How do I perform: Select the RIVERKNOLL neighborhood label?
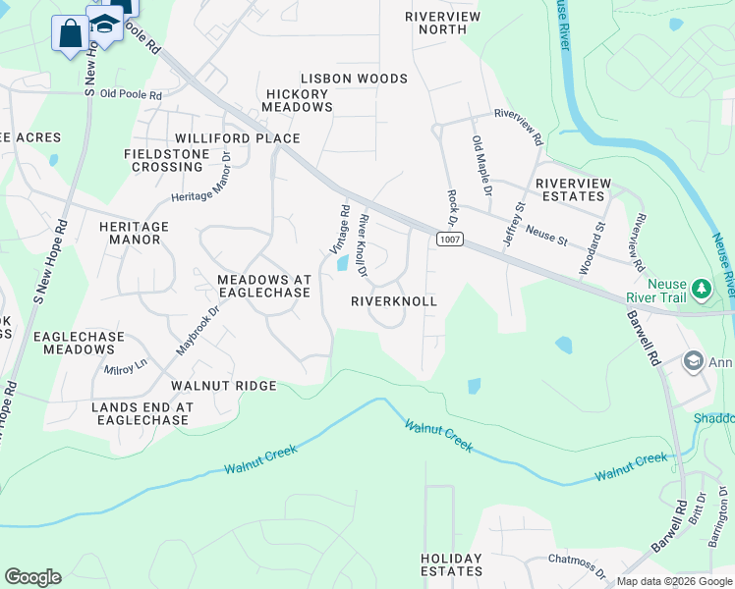(x=393, y=302)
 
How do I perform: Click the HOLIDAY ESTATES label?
(x=452, y=564)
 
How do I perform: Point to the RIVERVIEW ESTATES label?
(x=573, y=189)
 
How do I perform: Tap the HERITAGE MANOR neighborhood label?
(x=135, y=233)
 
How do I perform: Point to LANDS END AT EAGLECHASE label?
(x=141, y=413)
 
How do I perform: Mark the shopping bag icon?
(x=71, y=34)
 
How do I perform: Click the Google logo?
(x=32, y=577)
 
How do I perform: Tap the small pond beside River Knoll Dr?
(x=342, y=263)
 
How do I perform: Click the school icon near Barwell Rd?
(x=694, y=361)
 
